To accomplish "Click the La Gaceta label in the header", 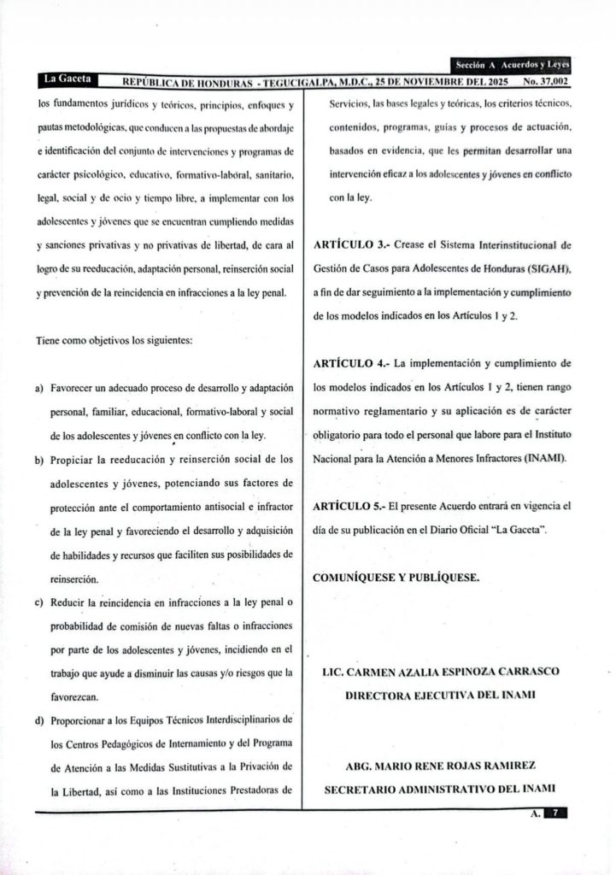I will pyautogui.click(x=64, y=79).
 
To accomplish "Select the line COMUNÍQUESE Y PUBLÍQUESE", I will pyautogui.click(x=396, y=576).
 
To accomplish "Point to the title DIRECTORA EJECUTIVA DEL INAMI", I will pyautogui.click(x=440, y=695).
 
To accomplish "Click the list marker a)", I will pyautogui.click(x=39, y=390).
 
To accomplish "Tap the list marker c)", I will pyautogui.click(x=39, y=604).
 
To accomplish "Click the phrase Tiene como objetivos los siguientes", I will pyautogui.click(x=114, y=341).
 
